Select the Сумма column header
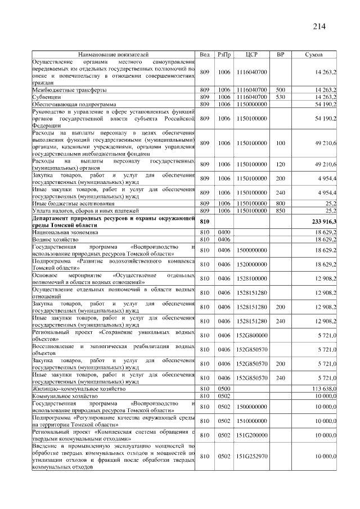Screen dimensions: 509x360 (x=313, y=55)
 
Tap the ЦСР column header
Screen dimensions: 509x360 (x=251, y=55)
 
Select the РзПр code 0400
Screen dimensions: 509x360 (x=224, y=232)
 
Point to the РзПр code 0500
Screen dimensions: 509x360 (x=224, y=389)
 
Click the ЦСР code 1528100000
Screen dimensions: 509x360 (x=251, y=278)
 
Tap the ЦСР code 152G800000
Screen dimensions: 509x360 (x=251, y=335)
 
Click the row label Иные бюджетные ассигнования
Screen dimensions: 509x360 (x=73, y=203)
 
